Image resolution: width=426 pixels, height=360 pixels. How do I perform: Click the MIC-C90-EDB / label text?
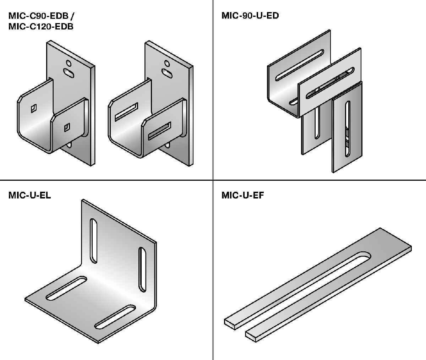[x=41, y=16]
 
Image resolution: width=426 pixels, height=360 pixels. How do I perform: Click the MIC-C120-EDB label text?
[x=41, y=26]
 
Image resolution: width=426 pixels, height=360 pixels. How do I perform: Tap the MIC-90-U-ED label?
[x=250, y=16]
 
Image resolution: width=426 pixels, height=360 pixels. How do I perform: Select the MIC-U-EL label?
[x=30, y=195]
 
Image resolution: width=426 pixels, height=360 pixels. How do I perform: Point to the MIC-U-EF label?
[x=243, y=195]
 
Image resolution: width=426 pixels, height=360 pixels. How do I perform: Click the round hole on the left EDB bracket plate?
[x=68, y=63]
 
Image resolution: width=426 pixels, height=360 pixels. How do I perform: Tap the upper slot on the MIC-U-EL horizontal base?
[x=65, y=288]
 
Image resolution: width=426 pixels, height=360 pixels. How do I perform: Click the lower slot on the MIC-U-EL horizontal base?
[x=115, y=316]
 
